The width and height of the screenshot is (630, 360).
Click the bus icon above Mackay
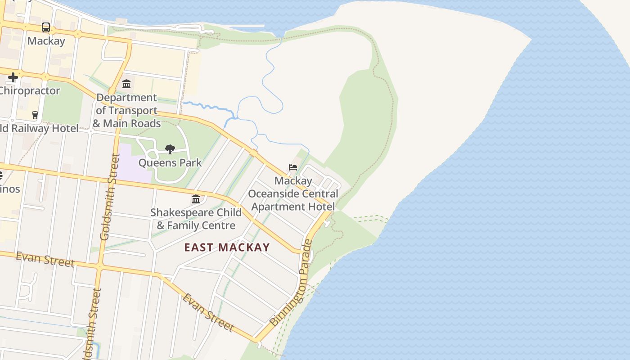46,27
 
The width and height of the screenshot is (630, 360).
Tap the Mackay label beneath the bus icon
46,41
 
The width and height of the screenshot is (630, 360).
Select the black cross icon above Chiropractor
13,77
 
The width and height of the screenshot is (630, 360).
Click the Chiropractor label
30,91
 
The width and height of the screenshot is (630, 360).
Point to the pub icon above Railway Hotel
35,115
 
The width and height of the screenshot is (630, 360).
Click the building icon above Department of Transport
126,84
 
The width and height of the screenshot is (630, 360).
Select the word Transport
133,111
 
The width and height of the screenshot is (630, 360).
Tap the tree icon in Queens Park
170,149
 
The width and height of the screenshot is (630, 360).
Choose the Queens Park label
170,162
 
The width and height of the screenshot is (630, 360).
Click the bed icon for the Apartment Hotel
293,167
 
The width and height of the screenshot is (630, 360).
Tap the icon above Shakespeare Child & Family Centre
196,199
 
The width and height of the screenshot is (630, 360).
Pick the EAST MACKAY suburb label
227,247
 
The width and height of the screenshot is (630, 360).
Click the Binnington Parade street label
291,283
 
